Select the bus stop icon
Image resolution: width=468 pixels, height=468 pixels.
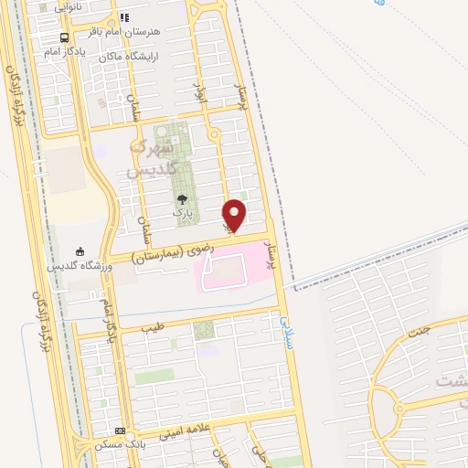(64, 37)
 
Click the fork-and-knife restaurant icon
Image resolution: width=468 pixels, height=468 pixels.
(125, 17)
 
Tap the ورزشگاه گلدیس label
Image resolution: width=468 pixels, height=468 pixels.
(80, 266)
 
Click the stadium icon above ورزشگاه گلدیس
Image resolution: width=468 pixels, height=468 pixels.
(80, 252)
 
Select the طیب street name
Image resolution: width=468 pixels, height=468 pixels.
(152, 326)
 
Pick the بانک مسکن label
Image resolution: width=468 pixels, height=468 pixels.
(120, 444)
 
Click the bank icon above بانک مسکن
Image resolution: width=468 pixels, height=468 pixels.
(120, 431)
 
